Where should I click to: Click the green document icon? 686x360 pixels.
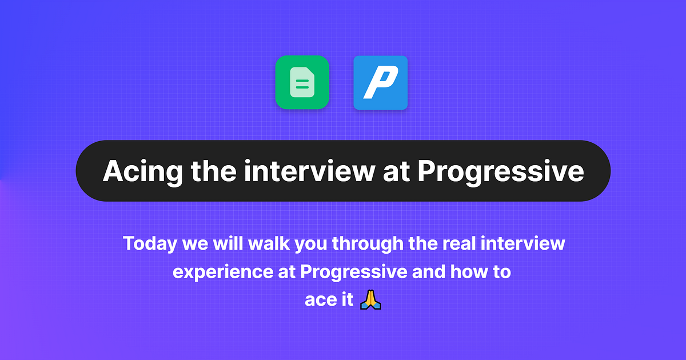pos(302,82)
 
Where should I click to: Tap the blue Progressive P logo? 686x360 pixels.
pos(380,82)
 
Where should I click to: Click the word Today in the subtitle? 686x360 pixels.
pos(150,244)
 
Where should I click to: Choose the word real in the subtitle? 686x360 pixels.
pos(457,244)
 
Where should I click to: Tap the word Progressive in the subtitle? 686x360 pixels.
pos(352,272)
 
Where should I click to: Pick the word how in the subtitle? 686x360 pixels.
pos(466,272)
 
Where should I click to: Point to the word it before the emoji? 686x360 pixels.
pos(346,300)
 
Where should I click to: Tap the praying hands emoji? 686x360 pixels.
pos(370,299)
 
